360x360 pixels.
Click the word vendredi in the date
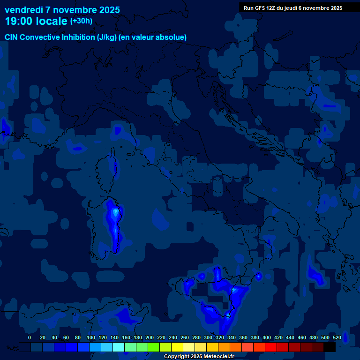24,10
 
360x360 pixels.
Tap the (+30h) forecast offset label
81,21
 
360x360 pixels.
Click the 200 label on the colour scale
150,337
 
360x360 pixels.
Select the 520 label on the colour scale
337,337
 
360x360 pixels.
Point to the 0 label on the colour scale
30,337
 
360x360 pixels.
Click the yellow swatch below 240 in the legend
177,347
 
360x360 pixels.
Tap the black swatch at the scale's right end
330,347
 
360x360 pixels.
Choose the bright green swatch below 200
153,347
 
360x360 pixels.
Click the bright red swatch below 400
270,347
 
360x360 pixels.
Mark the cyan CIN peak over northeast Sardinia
115,212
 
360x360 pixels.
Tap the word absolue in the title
171,37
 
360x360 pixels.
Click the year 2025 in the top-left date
107,10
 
